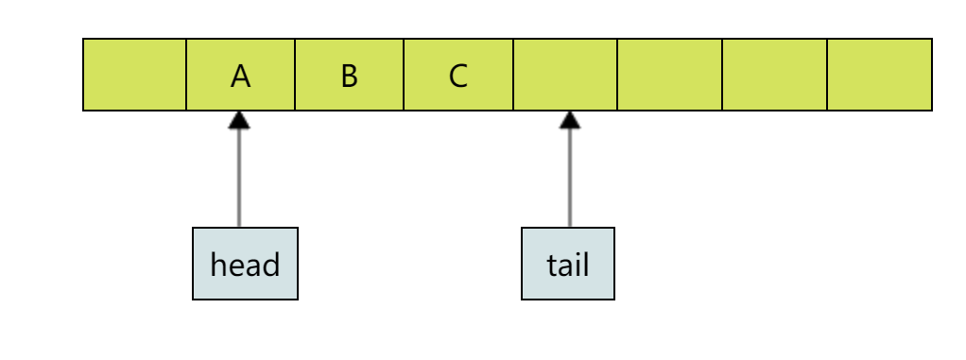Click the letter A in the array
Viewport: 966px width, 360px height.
pyautogui.click(x=241, y=76)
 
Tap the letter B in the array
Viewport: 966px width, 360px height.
pyautogui.click(x=350, y=76)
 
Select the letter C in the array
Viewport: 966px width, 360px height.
pyautogui.click(x=458, y=76)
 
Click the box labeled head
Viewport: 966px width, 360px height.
pyautogui.click(x=245, y=264)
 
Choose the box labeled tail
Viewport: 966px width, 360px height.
pyautogui.click(x=568, y=264)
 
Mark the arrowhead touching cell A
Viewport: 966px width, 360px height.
pyautogui.click(x=239, y=119)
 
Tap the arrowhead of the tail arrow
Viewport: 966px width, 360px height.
pyautogui.click(x=569, y=119)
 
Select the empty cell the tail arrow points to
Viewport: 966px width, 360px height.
pyautogui.click(x=564, y=75)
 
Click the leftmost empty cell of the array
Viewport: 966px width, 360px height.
pyautogui.click(x=134, y=75)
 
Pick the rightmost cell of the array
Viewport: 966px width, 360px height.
pyautogui.click(x=879, y=75)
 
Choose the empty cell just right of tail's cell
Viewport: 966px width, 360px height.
pyautogui.click(x=669, y=75)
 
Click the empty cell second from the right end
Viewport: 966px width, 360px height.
pyautogui.click(x=774, y=75)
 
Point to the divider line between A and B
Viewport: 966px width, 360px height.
pyautogui.click(x=295, y=75)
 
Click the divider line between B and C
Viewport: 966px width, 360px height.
pyautogui.click(x=404, y=75)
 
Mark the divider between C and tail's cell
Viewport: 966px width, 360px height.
pyautogui.click(x=512, y=75)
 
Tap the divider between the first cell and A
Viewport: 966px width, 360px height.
pyautogui.click(x=186, y=75)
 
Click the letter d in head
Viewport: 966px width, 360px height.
pyautogui.click(x=269, y=264)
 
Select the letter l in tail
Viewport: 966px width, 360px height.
pyautogui.click(x=586, y=264)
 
